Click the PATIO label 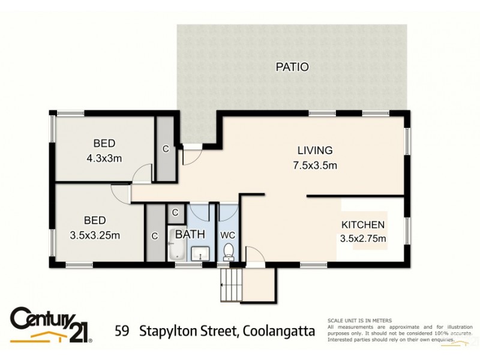tap(292, 67)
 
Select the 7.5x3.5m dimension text tap(315, 164)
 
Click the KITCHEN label tap(363, 225)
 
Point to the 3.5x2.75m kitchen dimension tap(363, 239)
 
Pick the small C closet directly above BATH tap(175, 212)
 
